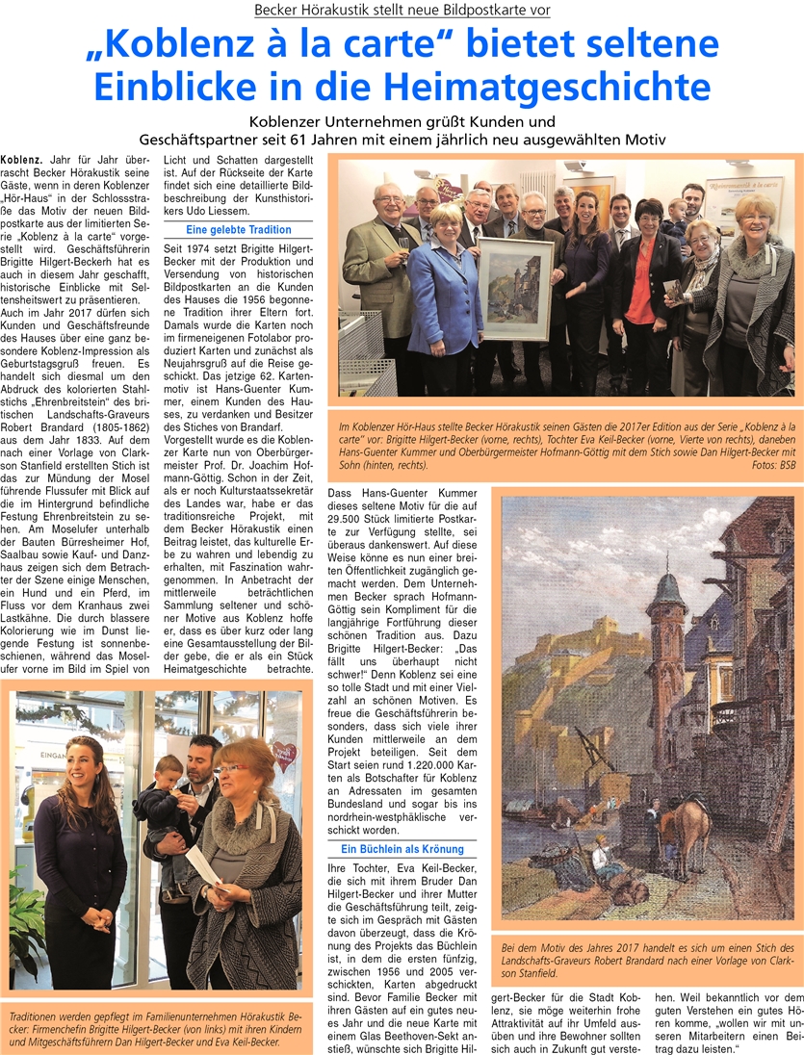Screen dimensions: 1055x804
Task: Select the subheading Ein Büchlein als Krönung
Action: tap(402, 849)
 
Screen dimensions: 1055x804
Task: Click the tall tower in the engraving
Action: tap(663, 664)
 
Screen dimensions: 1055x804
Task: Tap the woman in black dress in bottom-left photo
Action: tap(78, 857)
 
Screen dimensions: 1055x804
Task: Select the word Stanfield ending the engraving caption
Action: tap(540, 973)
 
